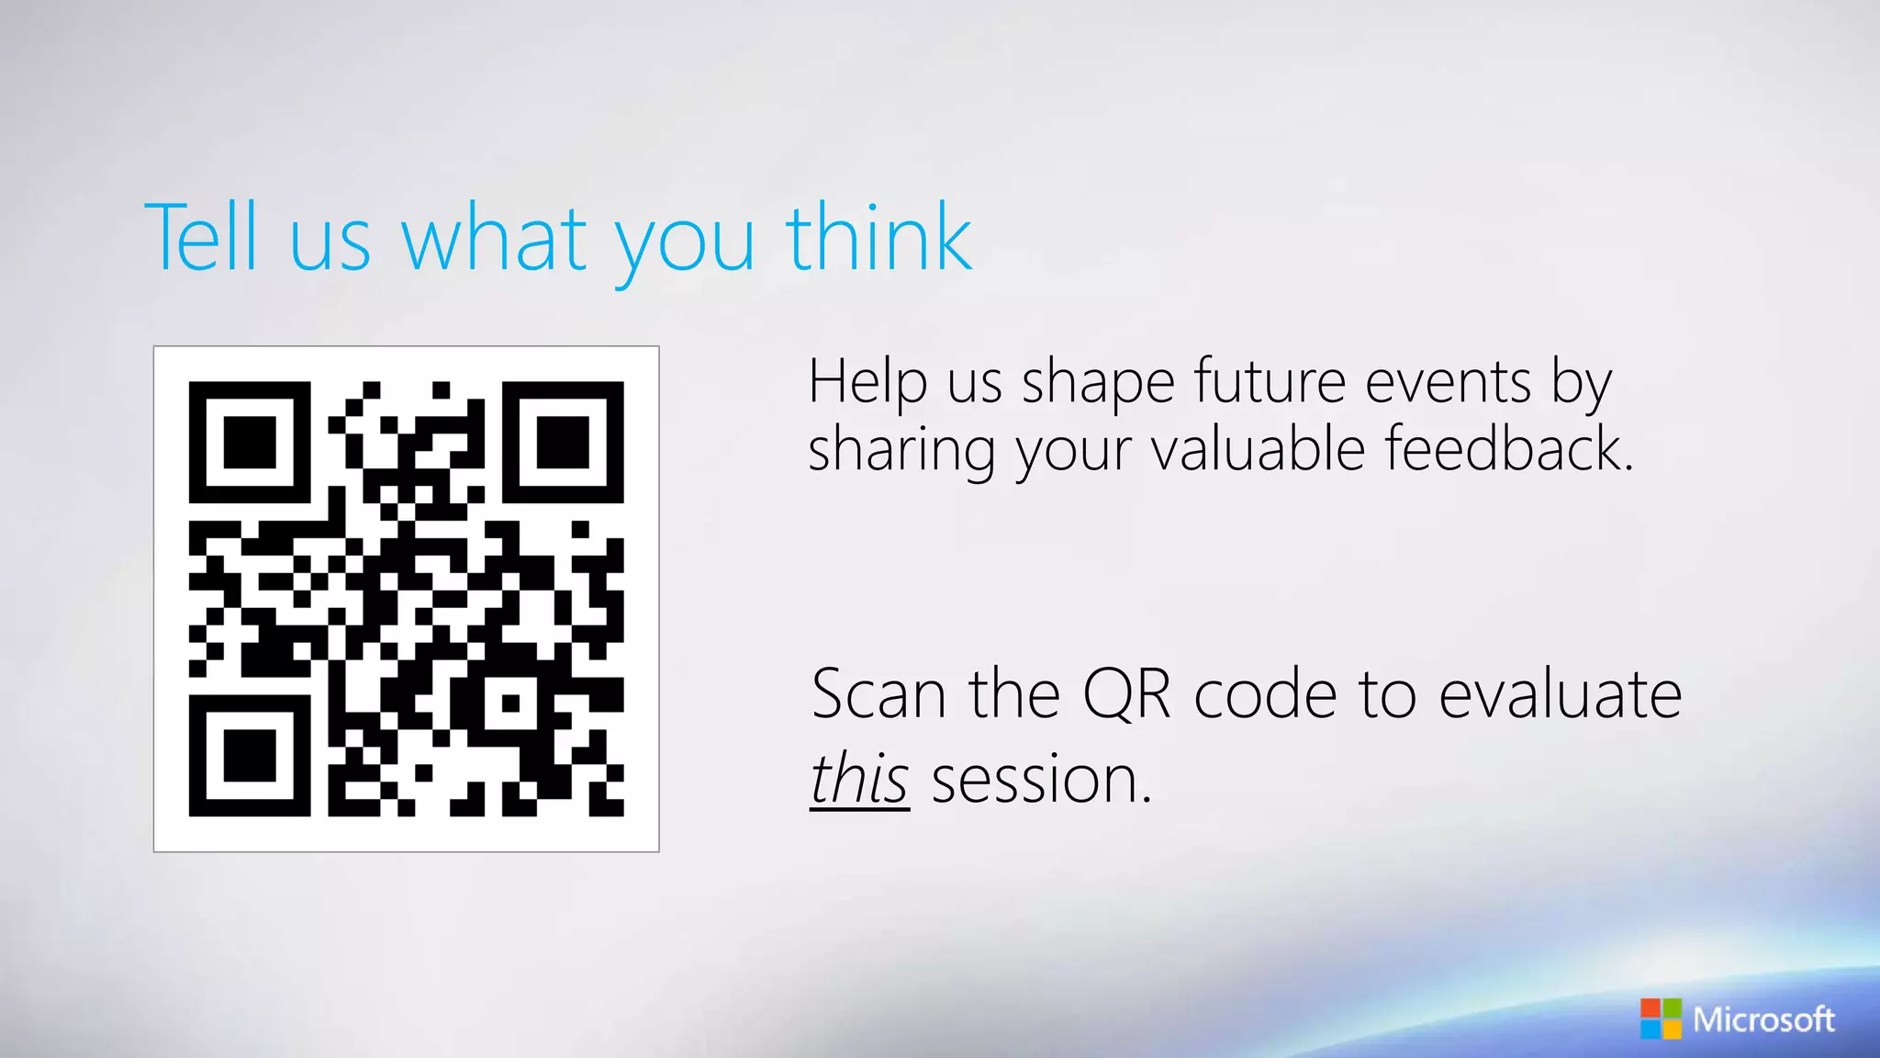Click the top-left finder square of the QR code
coord(250,443)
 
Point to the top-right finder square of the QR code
coord(563,443)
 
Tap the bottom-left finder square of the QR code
coord(250,756)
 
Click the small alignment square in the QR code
coord(510,703)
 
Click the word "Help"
coord(867,381)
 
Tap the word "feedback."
coord(1509,449)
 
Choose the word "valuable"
coord(1258,449)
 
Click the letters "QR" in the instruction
coord(1126,695)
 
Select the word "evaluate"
coord(1560,694)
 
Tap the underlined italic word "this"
coord(859,779)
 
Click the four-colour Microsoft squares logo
coord(1661,1019)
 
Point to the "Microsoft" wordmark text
coord(1763,1019)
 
